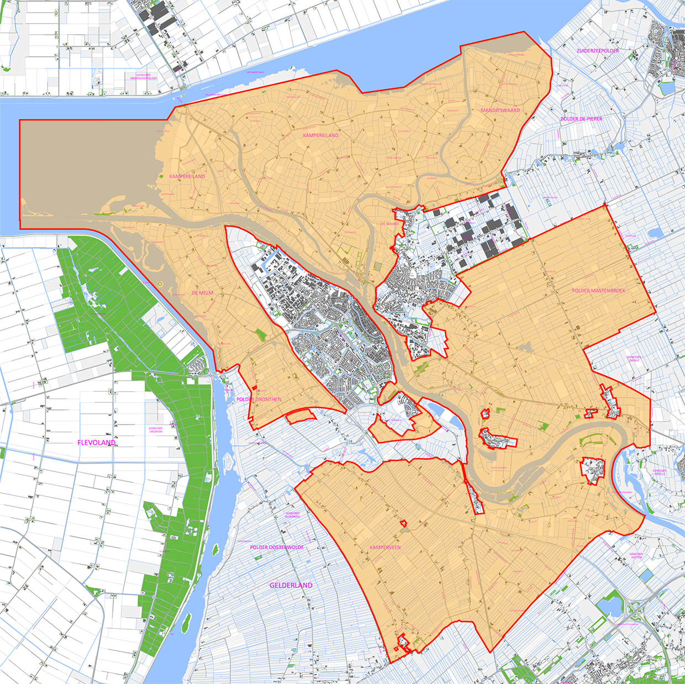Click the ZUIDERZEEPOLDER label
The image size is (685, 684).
click(598, 51)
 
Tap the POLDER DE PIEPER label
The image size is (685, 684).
click(581, 119)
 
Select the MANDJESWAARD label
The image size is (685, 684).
click(500, 111)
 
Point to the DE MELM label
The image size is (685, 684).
click(202, 293)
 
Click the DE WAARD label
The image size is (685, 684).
click(389, 224)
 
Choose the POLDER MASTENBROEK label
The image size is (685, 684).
click(598, 291)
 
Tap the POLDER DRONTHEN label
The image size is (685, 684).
click(259, 399)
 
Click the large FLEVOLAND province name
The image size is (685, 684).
click(96, 443)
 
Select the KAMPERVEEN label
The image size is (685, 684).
click(385, 548)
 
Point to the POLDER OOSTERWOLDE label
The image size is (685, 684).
click(277, 548)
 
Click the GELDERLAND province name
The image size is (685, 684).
click(291, 585)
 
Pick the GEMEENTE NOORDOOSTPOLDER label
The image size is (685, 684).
click(144, 76)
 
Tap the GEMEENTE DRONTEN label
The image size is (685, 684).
click(156, 430)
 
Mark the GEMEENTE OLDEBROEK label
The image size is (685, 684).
click(293, 515)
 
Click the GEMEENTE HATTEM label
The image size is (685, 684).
click(636, 556)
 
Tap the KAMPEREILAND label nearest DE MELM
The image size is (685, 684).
click(187, 177)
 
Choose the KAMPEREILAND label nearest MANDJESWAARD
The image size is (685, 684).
click(320, 135)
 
